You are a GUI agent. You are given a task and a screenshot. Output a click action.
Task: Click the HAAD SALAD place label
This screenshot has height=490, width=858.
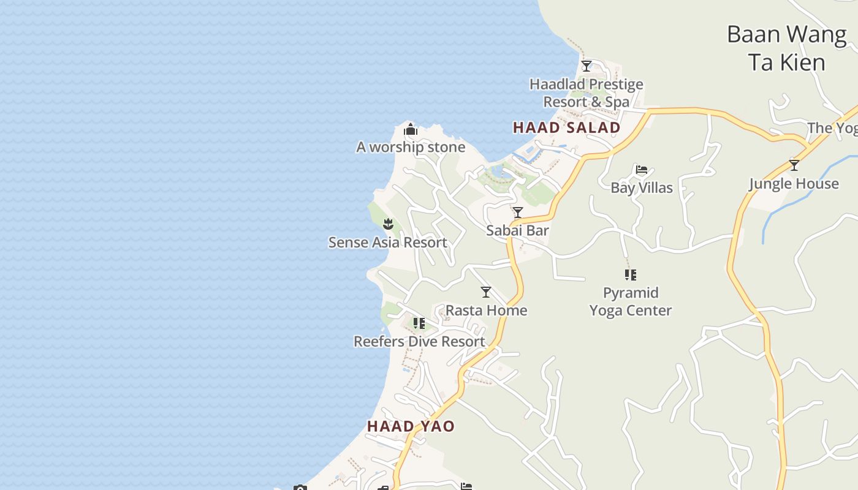(x=566, y=127)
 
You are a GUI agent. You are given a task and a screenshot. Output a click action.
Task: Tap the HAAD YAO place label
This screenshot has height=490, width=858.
(x=411, y=426)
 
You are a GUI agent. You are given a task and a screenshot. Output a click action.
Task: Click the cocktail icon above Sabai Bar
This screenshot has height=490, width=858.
(x=518, y=213)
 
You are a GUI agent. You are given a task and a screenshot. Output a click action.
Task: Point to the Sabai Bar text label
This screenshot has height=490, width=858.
(x=517, y=230)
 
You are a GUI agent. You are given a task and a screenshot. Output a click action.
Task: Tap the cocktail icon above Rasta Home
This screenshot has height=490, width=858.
(x=486, y=292)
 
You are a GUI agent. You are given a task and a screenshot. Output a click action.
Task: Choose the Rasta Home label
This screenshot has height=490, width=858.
(x=486, y=311)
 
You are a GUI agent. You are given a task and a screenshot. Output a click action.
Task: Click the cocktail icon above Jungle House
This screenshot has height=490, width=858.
(x=794, y=165)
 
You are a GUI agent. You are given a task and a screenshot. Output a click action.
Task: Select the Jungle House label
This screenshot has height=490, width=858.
(x=794, y=184)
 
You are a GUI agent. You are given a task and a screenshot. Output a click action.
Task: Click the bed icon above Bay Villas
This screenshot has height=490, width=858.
(x=642, y=170)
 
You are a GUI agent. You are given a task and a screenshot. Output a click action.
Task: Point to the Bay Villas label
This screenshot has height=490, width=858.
(x=642, y=188)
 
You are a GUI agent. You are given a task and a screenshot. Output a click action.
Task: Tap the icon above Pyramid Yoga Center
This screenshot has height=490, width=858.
(x=631, y=274)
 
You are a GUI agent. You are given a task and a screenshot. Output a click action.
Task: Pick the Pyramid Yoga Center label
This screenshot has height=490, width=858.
(x=631, y=301)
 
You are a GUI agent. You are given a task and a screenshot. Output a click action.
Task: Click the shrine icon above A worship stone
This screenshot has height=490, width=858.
(x=411, y=129)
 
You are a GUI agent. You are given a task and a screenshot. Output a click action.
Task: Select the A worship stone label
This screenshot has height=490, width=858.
(x=411, y=147)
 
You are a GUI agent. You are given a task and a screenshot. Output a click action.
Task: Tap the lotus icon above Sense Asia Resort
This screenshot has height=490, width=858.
(x=388, y=224)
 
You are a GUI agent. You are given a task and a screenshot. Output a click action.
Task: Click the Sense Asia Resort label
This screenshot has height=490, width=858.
(x=388, y=243)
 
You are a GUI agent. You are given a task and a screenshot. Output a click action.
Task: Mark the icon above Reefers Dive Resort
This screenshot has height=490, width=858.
(x=419, y=323)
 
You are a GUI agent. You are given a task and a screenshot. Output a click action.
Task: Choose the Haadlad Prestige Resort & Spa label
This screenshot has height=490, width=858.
(x=587, y=93)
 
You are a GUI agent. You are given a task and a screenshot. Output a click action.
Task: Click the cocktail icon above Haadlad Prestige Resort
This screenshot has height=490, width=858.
(x=587, y=66)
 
